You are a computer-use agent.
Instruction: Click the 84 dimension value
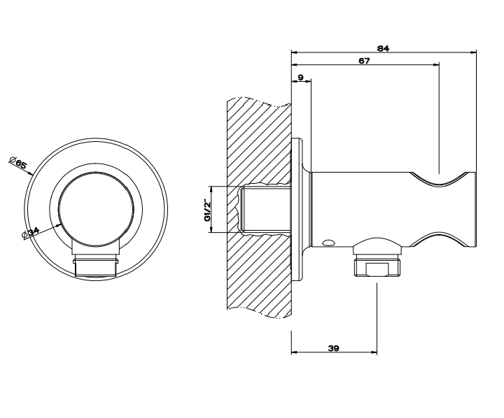pos(383,48)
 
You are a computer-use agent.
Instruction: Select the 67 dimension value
pos(365,61)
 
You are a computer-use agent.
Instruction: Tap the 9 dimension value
pos(300,78)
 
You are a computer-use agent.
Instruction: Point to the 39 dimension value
pos(334,348)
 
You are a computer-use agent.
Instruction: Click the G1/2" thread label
pos(207,210)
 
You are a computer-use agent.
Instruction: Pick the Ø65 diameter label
pos(18,163)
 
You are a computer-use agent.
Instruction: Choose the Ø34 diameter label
pos(31,233)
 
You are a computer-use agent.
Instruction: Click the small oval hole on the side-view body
pos(329,243)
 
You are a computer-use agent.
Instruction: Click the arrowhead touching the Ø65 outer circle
pos(31,173)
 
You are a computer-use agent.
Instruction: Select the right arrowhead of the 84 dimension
pos(473,52)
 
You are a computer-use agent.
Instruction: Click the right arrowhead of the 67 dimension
pos(436,65)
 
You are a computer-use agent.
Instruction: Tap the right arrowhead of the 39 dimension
pos(374,352)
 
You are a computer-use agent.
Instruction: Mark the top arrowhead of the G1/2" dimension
pos(211,189)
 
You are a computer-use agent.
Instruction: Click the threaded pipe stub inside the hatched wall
pos(265,209)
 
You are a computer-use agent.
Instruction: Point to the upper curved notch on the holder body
pos(440,179)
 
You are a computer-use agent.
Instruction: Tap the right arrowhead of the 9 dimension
pos(308,82)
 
